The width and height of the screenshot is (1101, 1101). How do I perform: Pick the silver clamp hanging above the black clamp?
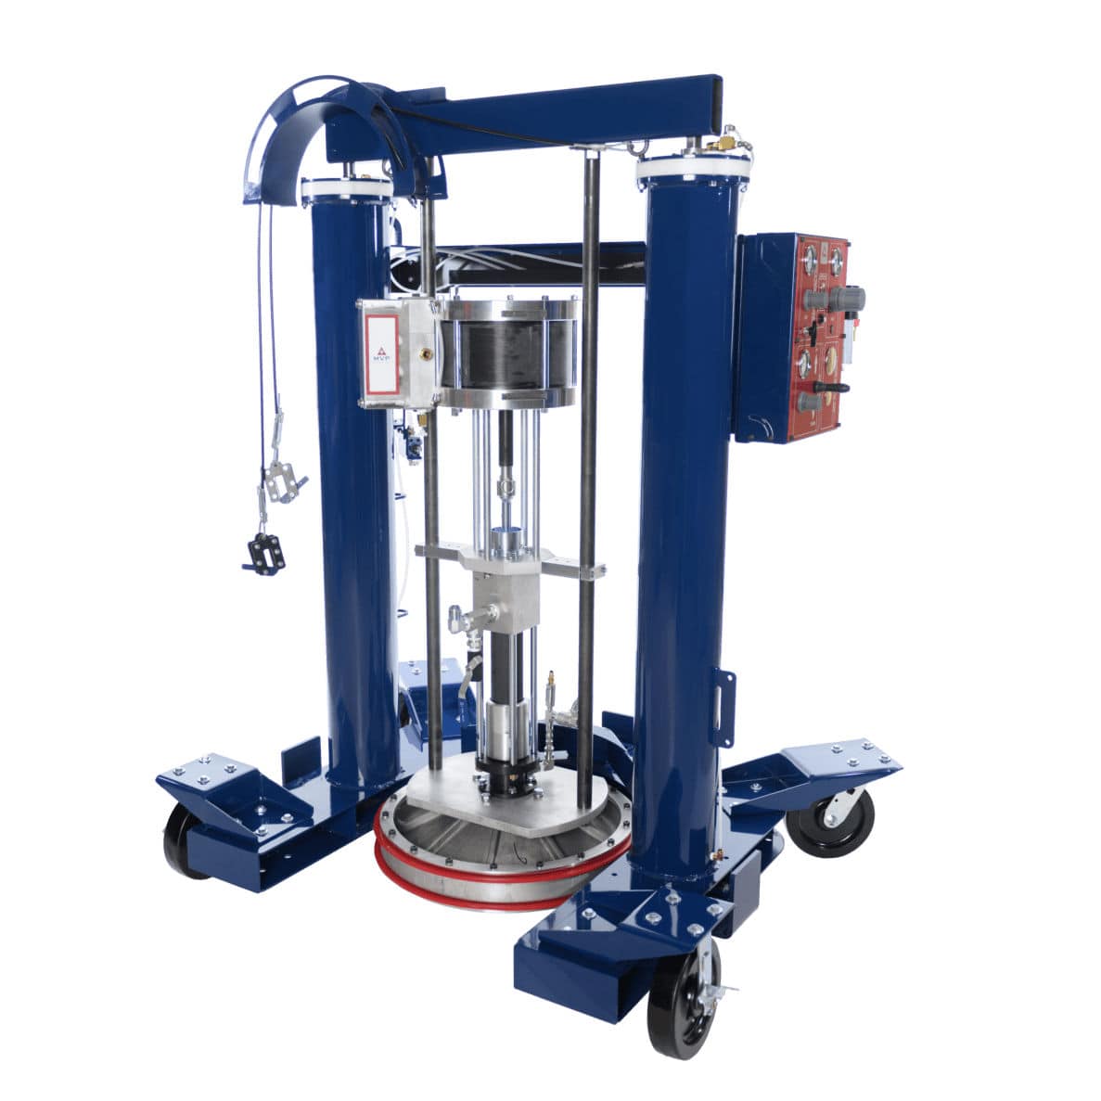point(282,480)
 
